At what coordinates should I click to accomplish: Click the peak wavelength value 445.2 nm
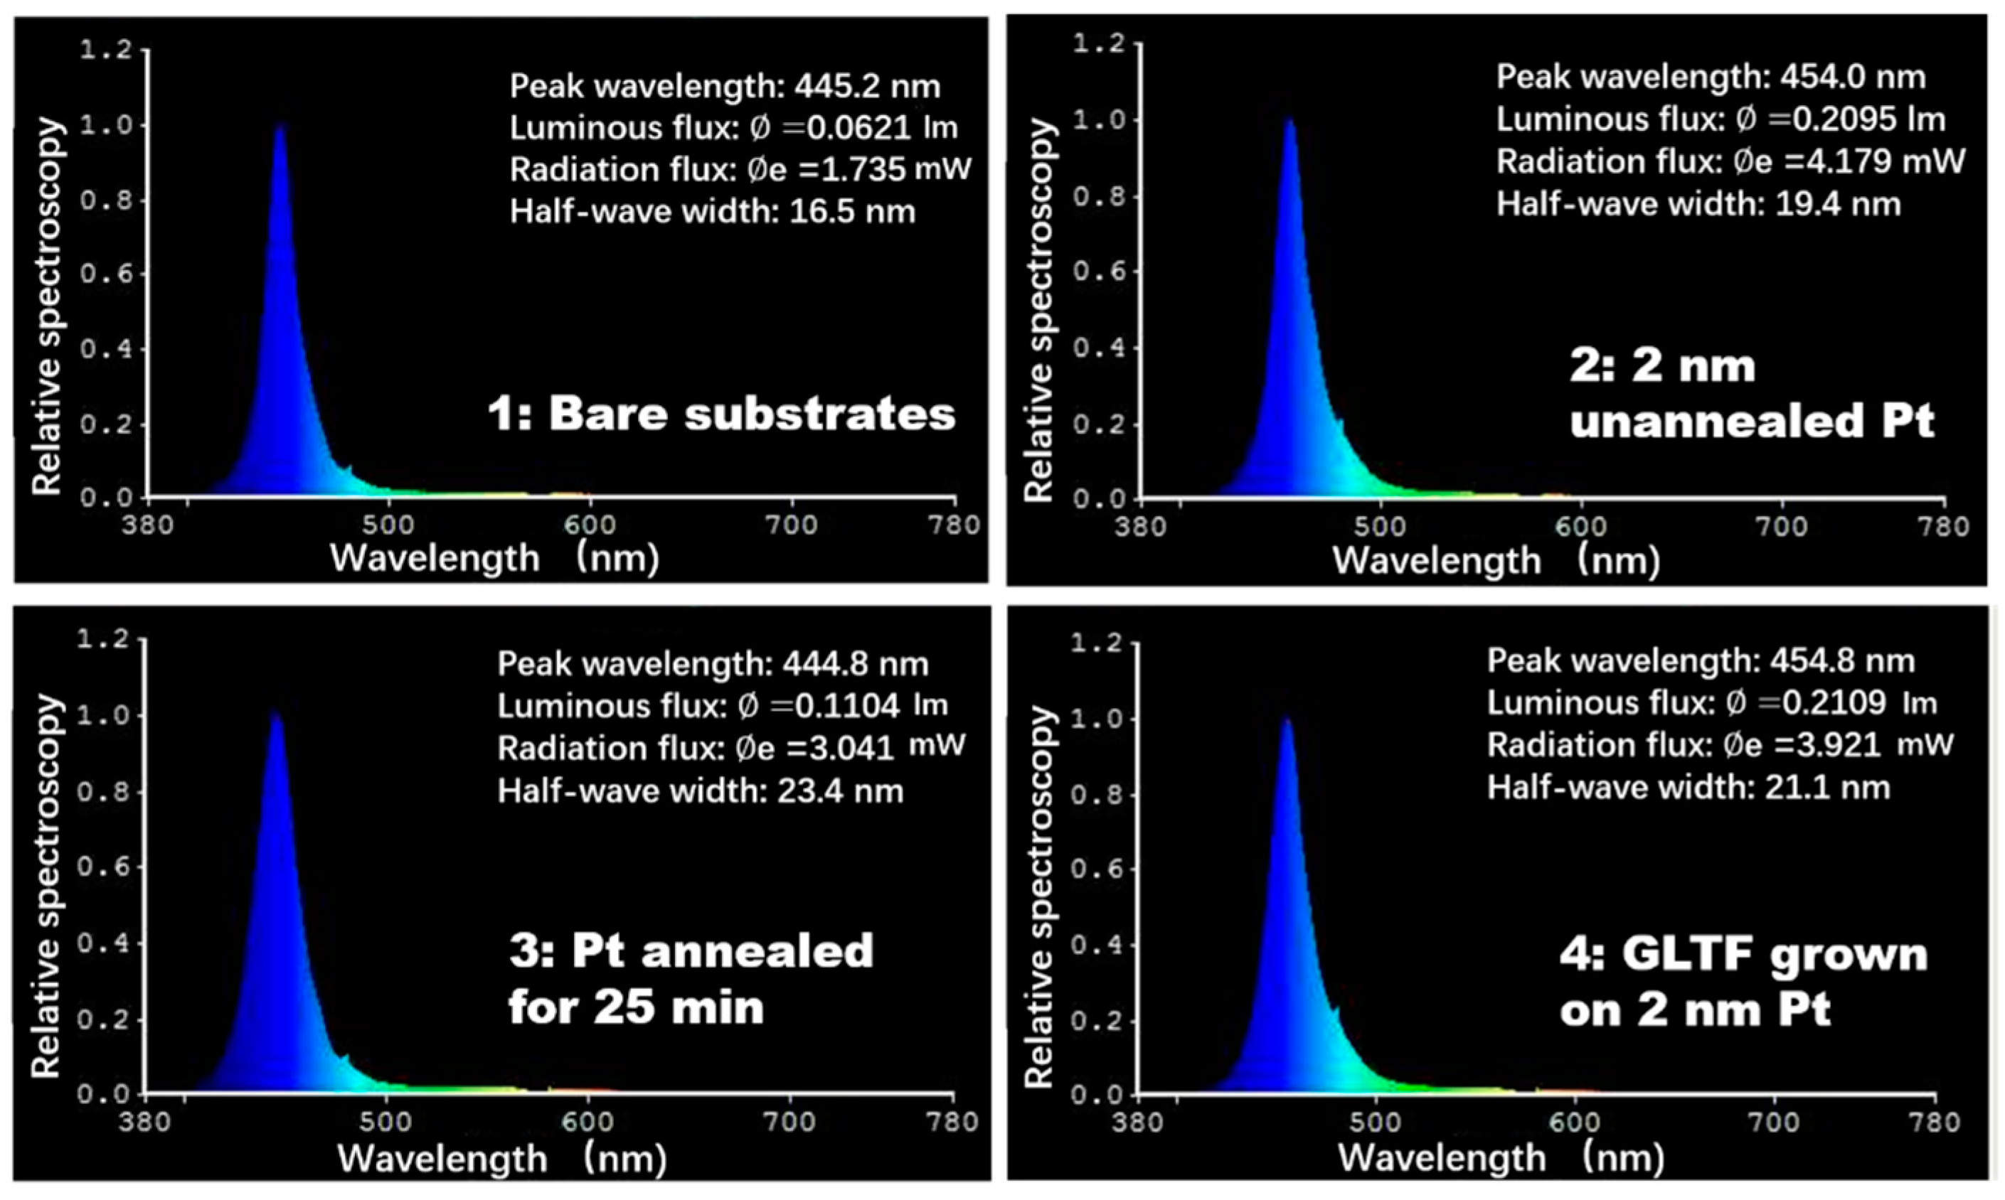(867, 87)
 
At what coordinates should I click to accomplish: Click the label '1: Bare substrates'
(720, 414)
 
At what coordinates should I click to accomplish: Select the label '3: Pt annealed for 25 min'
(691, 978)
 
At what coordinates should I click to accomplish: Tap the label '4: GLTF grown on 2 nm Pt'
(1743, 982)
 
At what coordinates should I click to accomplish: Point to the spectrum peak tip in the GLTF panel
(1286, 719)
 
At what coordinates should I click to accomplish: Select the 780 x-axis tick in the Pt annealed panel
(954, 1123)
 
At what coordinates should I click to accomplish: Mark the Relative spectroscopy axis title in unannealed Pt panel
(1039, 311)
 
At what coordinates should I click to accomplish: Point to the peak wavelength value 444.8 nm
(855, 664)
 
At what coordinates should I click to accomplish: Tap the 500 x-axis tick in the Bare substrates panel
(388, 525)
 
